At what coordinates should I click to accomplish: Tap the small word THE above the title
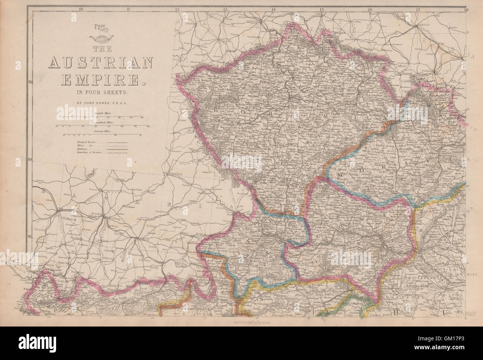click(101, 48)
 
